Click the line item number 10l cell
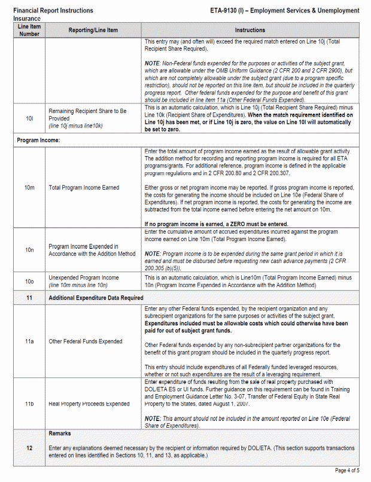[x=29, y=119]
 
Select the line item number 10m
[x=29, y=188]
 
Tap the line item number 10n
[x=29, y=250]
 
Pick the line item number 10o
[x=29, y=281]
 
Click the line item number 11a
[x=29, y=341]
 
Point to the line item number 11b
[x=29, y=404]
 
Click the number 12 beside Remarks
[x=29, y=447]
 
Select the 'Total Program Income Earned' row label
[x=84, y=188]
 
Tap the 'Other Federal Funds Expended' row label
[x=86, y=341]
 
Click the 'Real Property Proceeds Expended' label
[x=89, y=404]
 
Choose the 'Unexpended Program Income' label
[x=84, y=277]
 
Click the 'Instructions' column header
[x=250, y=30]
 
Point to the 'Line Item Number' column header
[x=29, y=30]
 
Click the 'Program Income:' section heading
[x=38, y=140]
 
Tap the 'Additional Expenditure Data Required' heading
[x=96, y=297]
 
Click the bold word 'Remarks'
[x=60, y=433]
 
